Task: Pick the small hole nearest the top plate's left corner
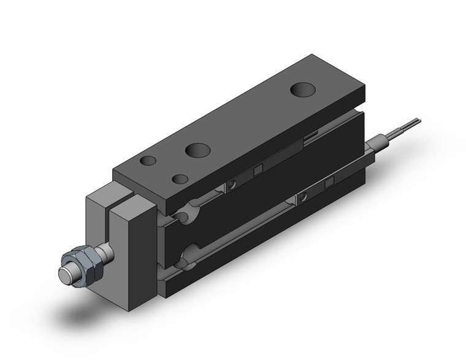[x=148, y=161]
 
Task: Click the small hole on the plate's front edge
[x=180, y=179]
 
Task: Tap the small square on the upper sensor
[x=258, y=169]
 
